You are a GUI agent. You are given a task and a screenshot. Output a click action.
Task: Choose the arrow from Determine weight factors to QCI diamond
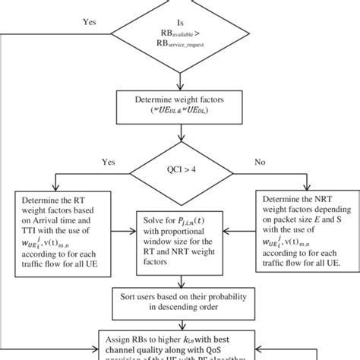pyautogui.click(x=180, y=134)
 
